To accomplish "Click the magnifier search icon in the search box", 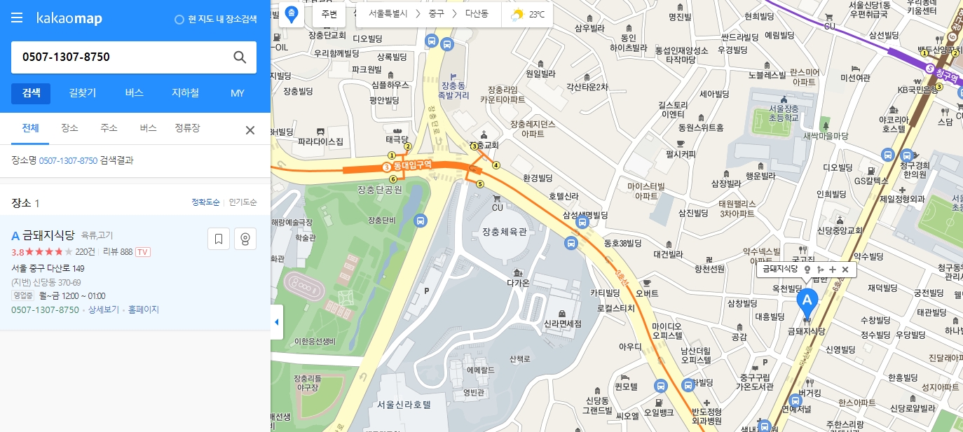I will (240, 57).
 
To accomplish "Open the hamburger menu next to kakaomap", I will (17, 18).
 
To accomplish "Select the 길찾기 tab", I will (83, 92).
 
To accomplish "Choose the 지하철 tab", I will (185, 92).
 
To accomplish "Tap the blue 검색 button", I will (31, 92).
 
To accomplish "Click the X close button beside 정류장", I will (250, 130).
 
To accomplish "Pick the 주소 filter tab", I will (109, 128).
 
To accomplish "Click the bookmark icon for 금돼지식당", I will (219, 239).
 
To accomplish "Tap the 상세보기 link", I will (102, 309).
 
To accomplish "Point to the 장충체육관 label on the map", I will (504, 232).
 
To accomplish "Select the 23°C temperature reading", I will (536, 14).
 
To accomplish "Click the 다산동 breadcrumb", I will (480, 14).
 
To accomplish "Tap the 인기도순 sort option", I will (243, 202).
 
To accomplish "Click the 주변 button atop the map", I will (329, 14).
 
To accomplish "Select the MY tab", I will (238, 92).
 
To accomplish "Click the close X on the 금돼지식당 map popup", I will (845, 270).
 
